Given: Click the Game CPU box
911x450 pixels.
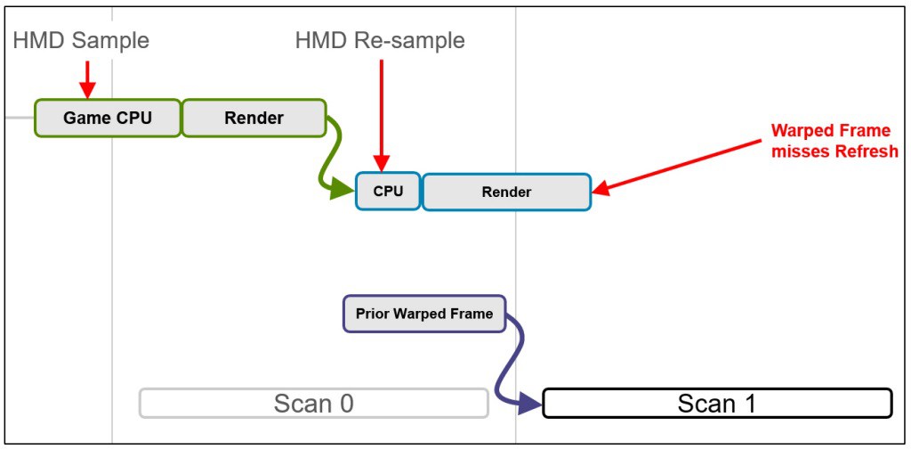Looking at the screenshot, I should [108, 118].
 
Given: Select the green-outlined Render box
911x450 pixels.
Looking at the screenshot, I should [254, 118].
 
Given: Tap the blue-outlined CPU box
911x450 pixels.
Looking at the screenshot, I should [388, 191].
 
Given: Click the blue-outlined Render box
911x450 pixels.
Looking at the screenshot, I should [506, 192].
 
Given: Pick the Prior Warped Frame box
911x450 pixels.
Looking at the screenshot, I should [424, 314].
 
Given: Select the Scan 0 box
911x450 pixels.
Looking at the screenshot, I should [314, 404].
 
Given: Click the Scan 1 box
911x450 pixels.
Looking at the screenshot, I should [717, 404].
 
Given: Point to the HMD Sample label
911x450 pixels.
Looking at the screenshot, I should [81, 40].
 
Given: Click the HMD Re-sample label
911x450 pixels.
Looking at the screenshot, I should [380, 40].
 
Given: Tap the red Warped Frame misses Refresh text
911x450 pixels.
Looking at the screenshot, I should [834, 140].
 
